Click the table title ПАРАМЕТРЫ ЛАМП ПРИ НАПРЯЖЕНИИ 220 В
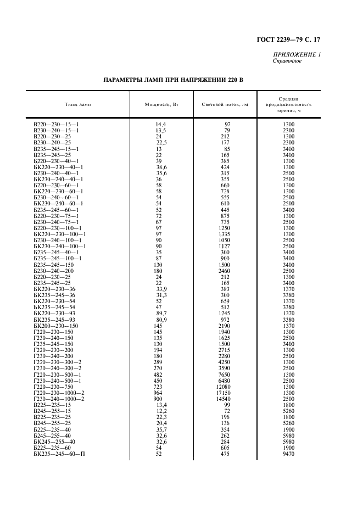(173, 80)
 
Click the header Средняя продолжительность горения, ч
(288, 104)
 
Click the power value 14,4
(161, 125)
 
